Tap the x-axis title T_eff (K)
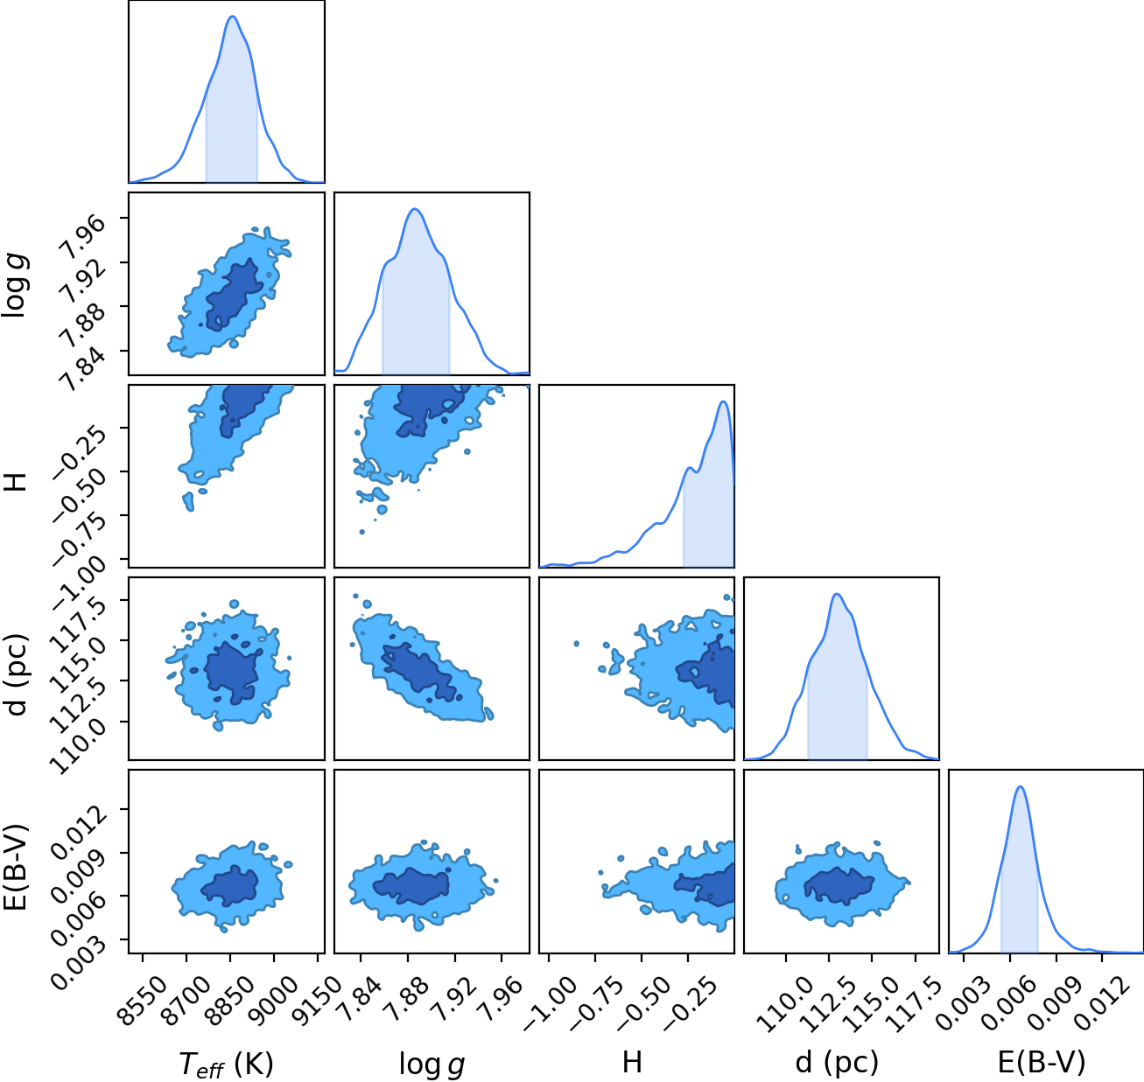point(226,1065)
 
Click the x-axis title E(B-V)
point(1042,1062)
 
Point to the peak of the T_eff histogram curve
point(232,16)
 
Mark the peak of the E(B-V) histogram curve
point(1020,786)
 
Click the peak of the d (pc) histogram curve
point(837,594)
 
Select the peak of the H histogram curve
point(723,401)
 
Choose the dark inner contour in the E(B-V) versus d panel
point(839,885)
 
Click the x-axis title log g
point(432,1065)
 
